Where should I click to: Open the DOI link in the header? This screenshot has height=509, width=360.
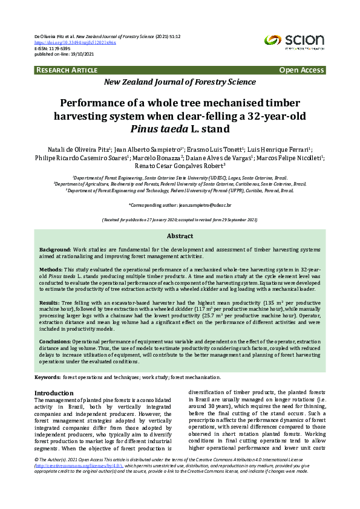(75, 43)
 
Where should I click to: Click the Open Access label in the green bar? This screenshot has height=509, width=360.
(301, 70)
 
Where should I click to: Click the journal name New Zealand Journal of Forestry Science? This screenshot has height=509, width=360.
(180, 82)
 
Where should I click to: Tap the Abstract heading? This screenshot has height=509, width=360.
(180, 236)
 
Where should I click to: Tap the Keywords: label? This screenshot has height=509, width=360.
(47, 377)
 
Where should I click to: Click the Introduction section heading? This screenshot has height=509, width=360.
(54, 393)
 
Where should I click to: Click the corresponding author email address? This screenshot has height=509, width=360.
(205, 206)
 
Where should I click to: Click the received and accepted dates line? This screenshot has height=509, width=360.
(180, 220)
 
